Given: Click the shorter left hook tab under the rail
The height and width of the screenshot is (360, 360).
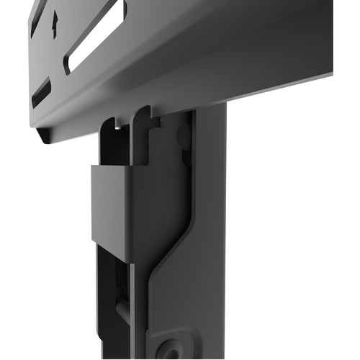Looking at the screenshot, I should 108,130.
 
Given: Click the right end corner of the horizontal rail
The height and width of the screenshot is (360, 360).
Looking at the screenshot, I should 330,72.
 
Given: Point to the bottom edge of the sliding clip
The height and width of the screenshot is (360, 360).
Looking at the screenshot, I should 119,260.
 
